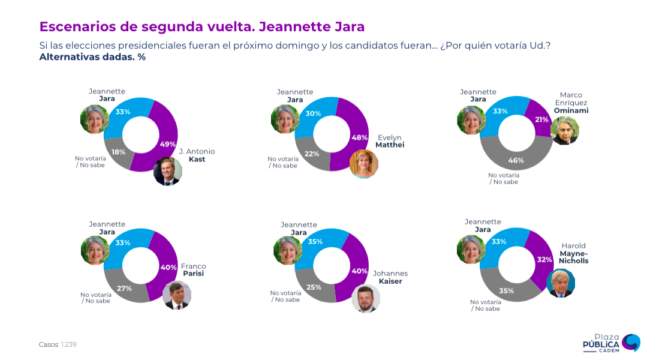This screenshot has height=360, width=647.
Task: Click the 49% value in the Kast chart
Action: (x=167, y=144)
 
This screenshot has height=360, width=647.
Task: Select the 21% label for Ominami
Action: (x=541, y=119)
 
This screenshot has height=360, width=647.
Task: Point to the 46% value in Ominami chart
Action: (x=516, y=160)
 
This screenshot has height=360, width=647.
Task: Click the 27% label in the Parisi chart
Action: (x=124, y=288)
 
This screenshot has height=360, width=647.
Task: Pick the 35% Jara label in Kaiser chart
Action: (x=315, y=241)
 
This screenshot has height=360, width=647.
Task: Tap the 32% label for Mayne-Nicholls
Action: (x=544, y=260)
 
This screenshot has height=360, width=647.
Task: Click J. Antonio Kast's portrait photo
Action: (x=167, y=171)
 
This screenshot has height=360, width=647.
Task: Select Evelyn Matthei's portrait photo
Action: (x=363, y=164)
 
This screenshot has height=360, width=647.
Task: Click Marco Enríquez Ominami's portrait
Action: (x=564, y=130)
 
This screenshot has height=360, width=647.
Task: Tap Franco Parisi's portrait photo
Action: (x=176, y=295)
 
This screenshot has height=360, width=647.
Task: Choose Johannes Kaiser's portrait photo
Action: (x=365, y=298)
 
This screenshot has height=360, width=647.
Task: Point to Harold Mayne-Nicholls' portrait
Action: (x=561, y=283)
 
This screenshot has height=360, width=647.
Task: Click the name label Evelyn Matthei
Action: (x=389, y=141)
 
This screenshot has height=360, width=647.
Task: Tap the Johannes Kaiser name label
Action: (x=390, y=277)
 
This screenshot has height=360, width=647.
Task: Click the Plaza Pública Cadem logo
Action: (x=611, y=343)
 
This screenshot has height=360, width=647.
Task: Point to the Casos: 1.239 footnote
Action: (x=58, y=344)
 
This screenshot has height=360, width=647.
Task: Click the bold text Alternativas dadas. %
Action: (x=92, y=57)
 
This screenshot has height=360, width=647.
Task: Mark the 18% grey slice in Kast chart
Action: (x=118, y=152)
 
